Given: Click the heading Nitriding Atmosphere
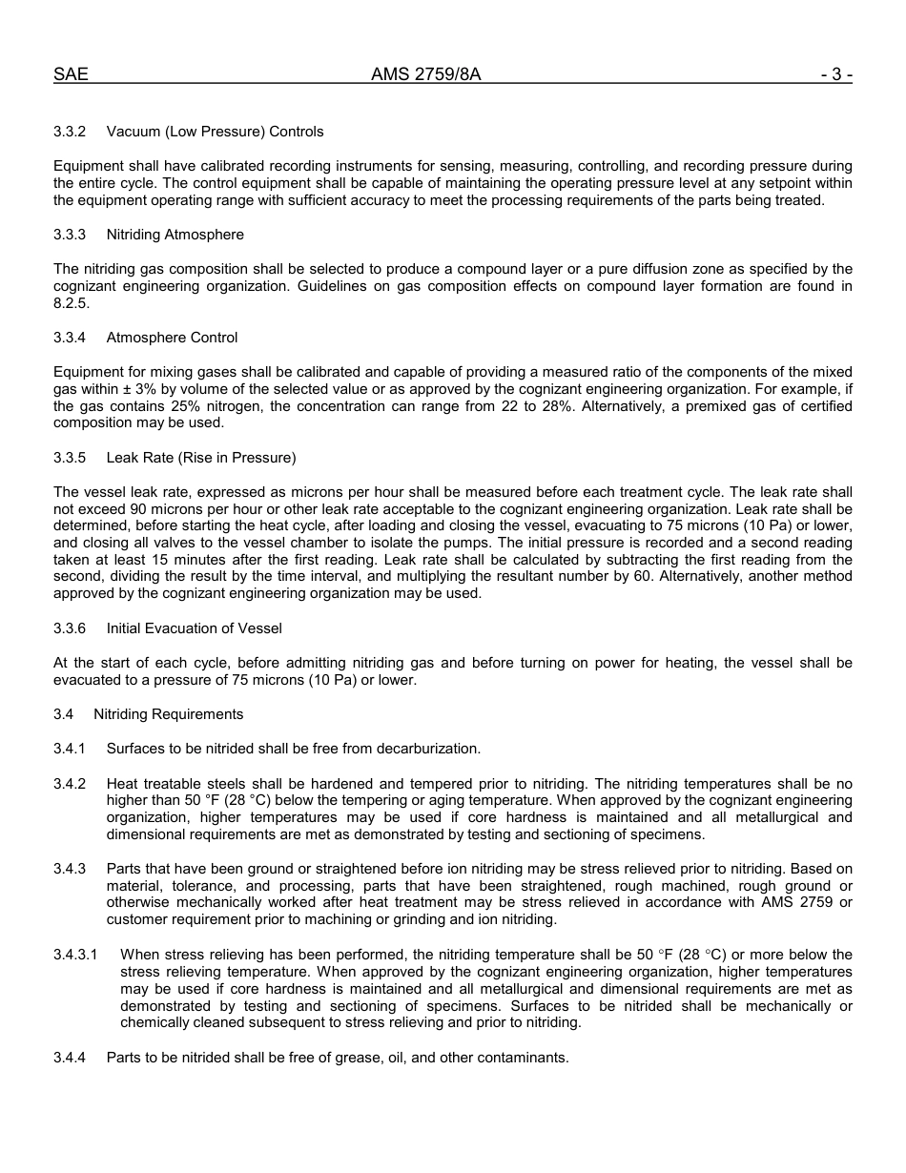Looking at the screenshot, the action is [x=175, y=235].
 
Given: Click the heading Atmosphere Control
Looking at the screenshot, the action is [x=173, y=338].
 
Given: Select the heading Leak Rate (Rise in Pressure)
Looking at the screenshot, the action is [x=201, y=458].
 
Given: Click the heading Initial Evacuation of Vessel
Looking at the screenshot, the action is [x=195, y=628].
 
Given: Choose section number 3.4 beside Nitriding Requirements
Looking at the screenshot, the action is [x=64, y=714].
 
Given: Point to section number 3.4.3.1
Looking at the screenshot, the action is [x=75, y=955].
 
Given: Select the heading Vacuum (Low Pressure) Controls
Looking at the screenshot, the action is [x=216, y=132].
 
